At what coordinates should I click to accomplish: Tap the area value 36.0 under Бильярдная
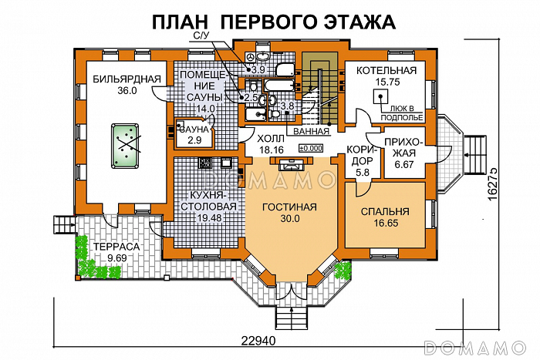click(127, 90)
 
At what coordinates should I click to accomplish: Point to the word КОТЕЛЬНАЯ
click(386, 71)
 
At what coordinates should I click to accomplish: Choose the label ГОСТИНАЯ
click(289, 207)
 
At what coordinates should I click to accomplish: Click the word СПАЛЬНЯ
click(383, 211)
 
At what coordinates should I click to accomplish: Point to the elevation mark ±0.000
click(310, 148)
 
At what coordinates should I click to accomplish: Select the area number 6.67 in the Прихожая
click(403, 164)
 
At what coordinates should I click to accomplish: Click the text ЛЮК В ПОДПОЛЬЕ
click(401, 113)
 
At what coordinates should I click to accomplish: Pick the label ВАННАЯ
click(306, 132)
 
